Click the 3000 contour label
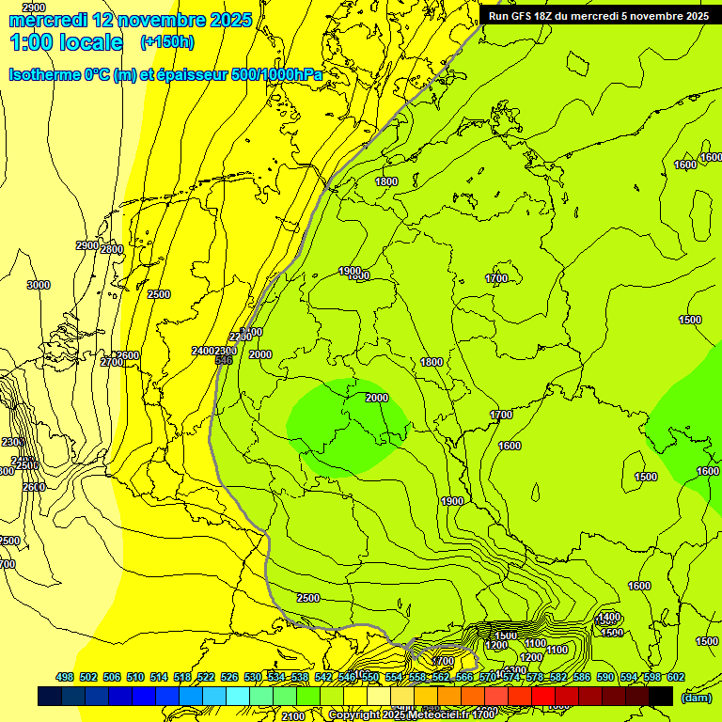(x=39, y=285)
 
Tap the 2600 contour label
(x=34, y=487)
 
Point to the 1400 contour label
(x=609, y=617)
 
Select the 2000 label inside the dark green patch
(x=377, y=398)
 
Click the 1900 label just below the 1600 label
(x=452, y=501)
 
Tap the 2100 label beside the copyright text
(x=293, y=716)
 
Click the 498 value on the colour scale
(x=65, y=677)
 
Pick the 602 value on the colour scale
(x=675, y=677)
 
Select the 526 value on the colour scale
(x=229, y=677)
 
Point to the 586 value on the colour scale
(x=581, y=677)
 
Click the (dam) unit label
(x=697, y=697)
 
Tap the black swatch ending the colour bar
(x=661, y=696)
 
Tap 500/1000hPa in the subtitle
(x=281, y=74)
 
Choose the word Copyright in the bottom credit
(x=354, y=715)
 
